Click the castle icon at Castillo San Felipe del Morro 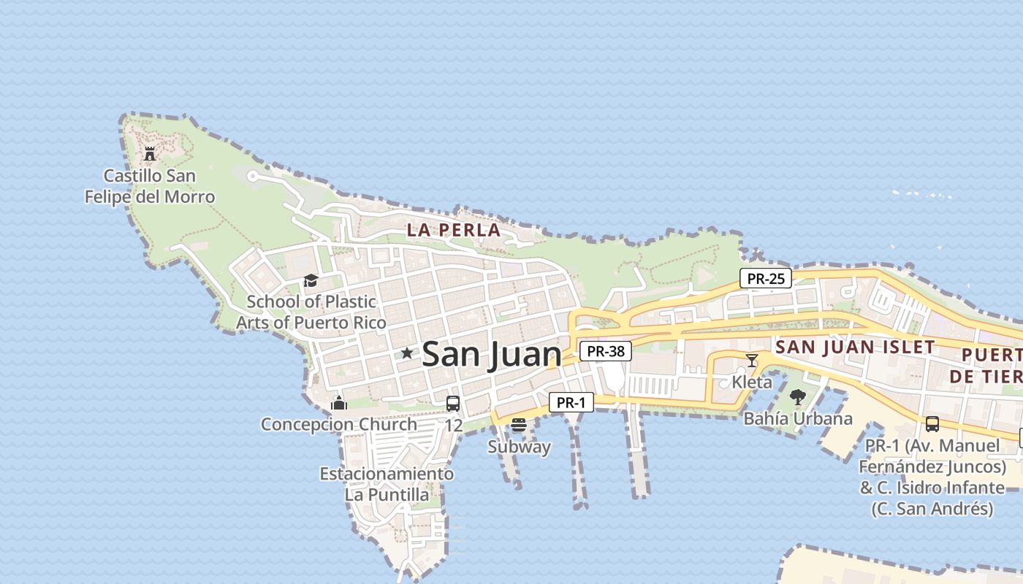(150, 153)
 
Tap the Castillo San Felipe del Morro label (150, 186)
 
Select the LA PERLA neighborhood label (454, 231)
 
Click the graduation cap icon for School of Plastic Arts (311, 281)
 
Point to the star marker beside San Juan (407, 353)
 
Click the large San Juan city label (492, 354)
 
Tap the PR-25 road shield (766, 278)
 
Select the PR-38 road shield (606, 351)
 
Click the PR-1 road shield (571, 402)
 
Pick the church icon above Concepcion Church (338, 402)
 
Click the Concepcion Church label (339, 424)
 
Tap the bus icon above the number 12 (453, 403)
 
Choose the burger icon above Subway (519, 425)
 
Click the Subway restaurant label (520, 447)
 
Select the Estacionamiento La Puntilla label (387, 484)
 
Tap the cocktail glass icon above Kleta (752, 360)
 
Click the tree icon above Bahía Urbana (798, 397)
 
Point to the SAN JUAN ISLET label (855, 347)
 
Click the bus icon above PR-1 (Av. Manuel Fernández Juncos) (932, 424)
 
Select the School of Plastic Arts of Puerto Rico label (311, 312)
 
